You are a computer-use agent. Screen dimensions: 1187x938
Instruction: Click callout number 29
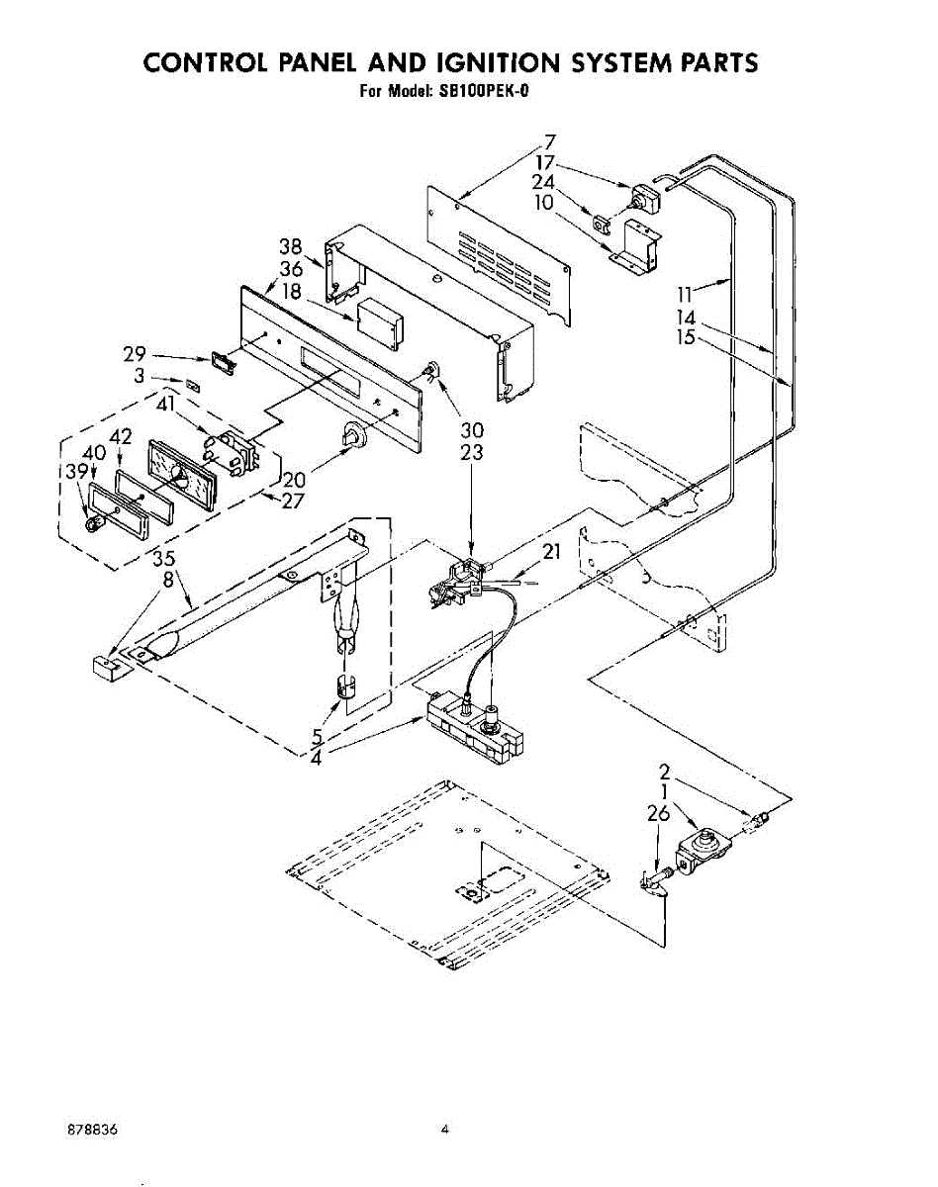(x=136, y=353)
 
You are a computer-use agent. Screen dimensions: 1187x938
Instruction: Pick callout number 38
(x=290, y=248)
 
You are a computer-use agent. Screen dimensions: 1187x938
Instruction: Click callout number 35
(x=163, y=560)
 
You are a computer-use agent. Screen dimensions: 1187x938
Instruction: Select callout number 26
(x=657, y=814)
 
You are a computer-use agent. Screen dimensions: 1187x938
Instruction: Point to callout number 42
(x=121, y=436)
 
